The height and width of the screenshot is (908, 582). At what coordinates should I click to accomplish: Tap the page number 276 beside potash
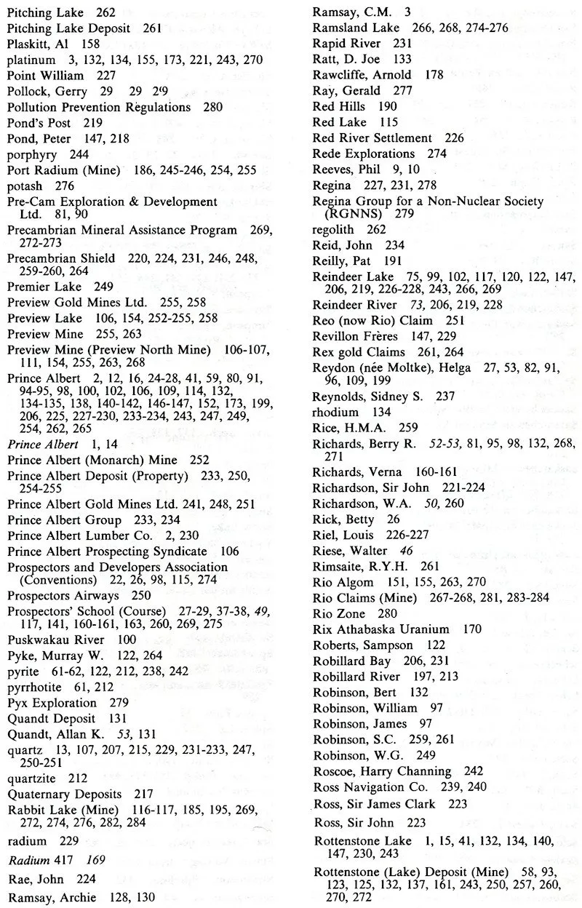(65, 186)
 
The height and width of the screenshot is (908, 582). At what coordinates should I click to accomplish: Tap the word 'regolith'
(334, 230)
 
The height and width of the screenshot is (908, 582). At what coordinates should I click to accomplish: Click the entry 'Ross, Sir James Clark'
(374, 804)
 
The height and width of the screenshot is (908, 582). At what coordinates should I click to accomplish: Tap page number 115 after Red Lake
(389, 122)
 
